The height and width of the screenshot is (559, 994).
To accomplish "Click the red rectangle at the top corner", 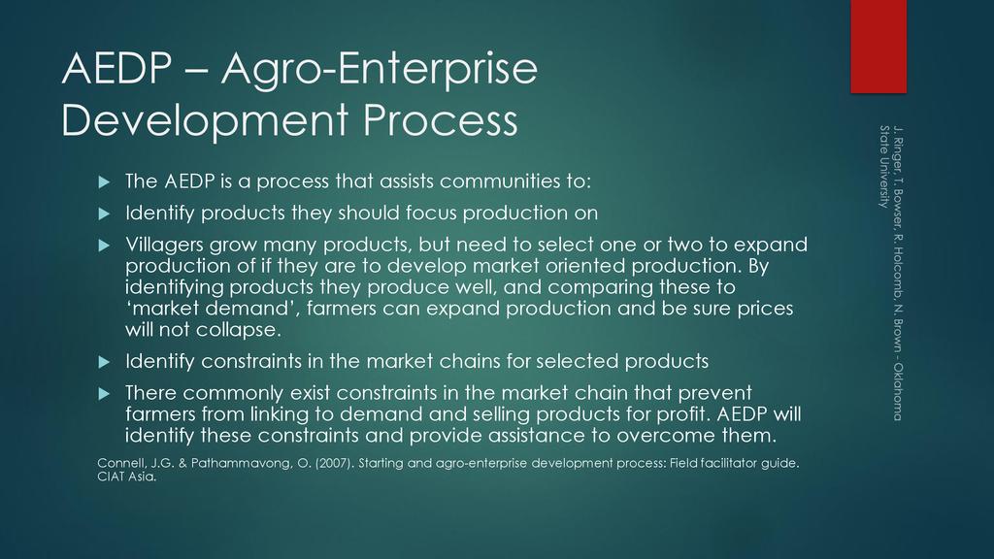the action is (878, 47).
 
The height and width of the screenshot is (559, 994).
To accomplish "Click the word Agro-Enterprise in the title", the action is (380, 69).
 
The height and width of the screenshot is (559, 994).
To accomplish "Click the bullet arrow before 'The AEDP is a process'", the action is (105, 182).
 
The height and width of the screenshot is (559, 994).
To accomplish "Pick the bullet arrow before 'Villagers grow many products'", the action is (105, 246).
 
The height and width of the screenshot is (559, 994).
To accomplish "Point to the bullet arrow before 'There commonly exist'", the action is (105, 394).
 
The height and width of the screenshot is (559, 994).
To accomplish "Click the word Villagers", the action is (164, 246).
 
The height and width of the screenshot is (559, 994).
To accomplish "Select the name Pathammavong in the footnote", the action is (241, 463).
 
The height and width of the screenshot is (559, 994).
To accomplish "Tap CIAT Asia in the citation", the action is (127, 477).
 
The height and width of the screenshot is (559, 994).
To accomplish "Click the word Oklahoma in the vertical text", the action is (898, 392).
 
